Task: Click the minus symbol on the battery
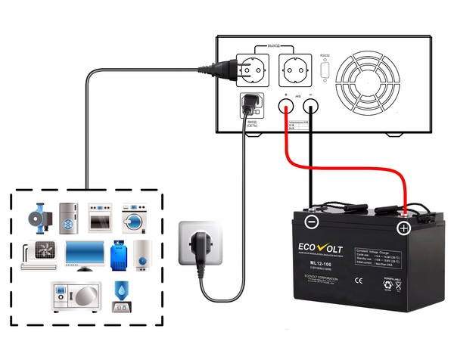(312, 222)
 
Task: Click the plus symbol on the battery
(403, 227)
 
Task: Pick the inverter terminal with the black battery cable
(311, 105)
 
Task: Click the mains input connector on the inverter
(247, 104)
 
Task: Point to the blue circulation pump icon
(37, 217)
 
